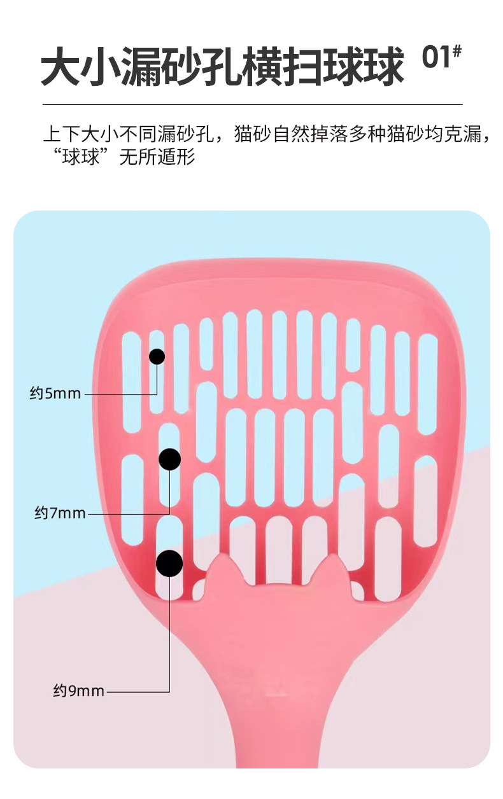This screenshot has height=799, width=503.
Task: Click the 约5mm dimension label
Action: pyautogui.click(x=55, y=394)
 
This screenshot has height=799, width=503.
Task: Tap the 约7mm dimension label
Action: pyautogui.click(x=60, y=513)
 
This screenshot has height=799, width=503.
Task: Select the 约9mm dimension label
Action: pyautogui.click(x=78, y=690)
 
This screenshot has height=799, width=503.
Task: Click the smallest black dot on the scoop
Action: pyautogui.click(x=157, y=356)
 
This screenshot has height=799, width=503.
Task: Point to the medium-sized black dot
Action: pyautogui.click(x=169, y=459)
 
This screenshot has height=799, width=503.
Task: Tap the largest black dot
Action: pyautogui.click(x=169, y=563)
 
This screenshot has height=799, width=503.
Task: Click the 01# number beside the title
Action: pyautogui.click(x=441, y=59)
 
